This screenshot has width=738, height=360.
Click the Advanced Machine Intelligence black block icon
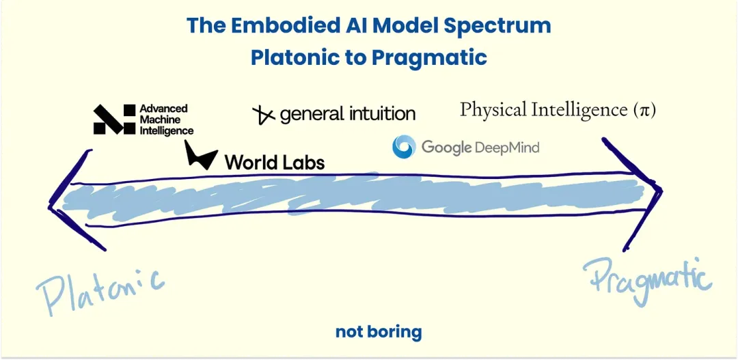click(114, 120)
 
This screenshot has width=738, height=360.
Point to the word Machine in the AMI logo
click(157, 120)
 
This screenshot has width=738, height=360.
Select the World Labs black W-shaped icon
click(201, 155)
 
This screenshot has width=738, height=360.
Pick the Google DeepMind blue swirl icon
click(404, 146)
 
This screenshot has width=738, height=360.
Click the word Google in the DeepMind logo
click(446, 148)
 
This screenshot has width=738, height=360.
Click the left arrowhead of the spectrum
click(70, 201)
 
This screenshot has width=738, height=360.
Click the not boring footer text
click(379, 332)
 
